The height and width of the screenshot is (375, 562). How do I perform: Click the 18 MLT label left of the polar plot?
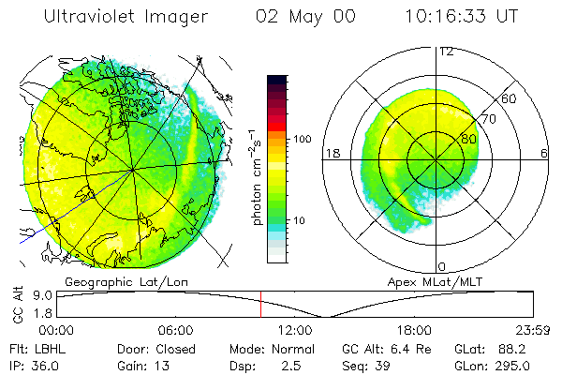tap(331, 152)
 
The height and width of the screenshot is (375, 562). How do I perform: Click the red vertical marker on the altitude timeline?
tap(261, 304)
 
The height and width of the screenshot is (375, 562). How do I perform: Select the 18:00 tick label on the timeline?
tap(414, 330)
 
